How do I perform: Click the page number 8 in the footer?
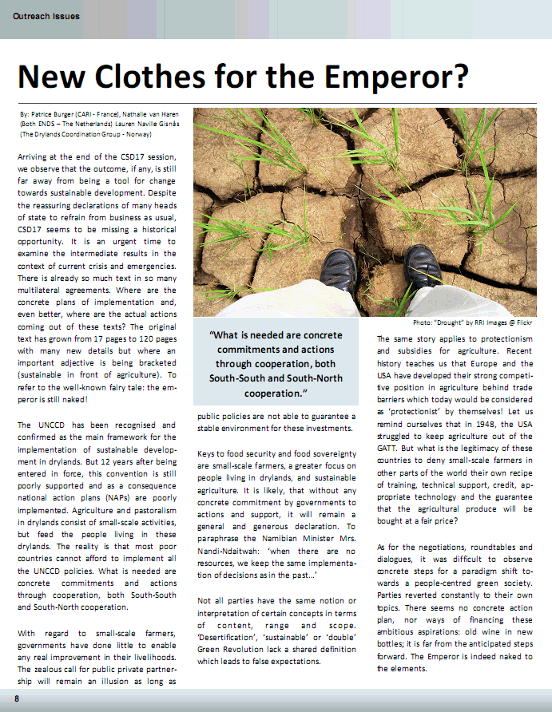tap(16, 699)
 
